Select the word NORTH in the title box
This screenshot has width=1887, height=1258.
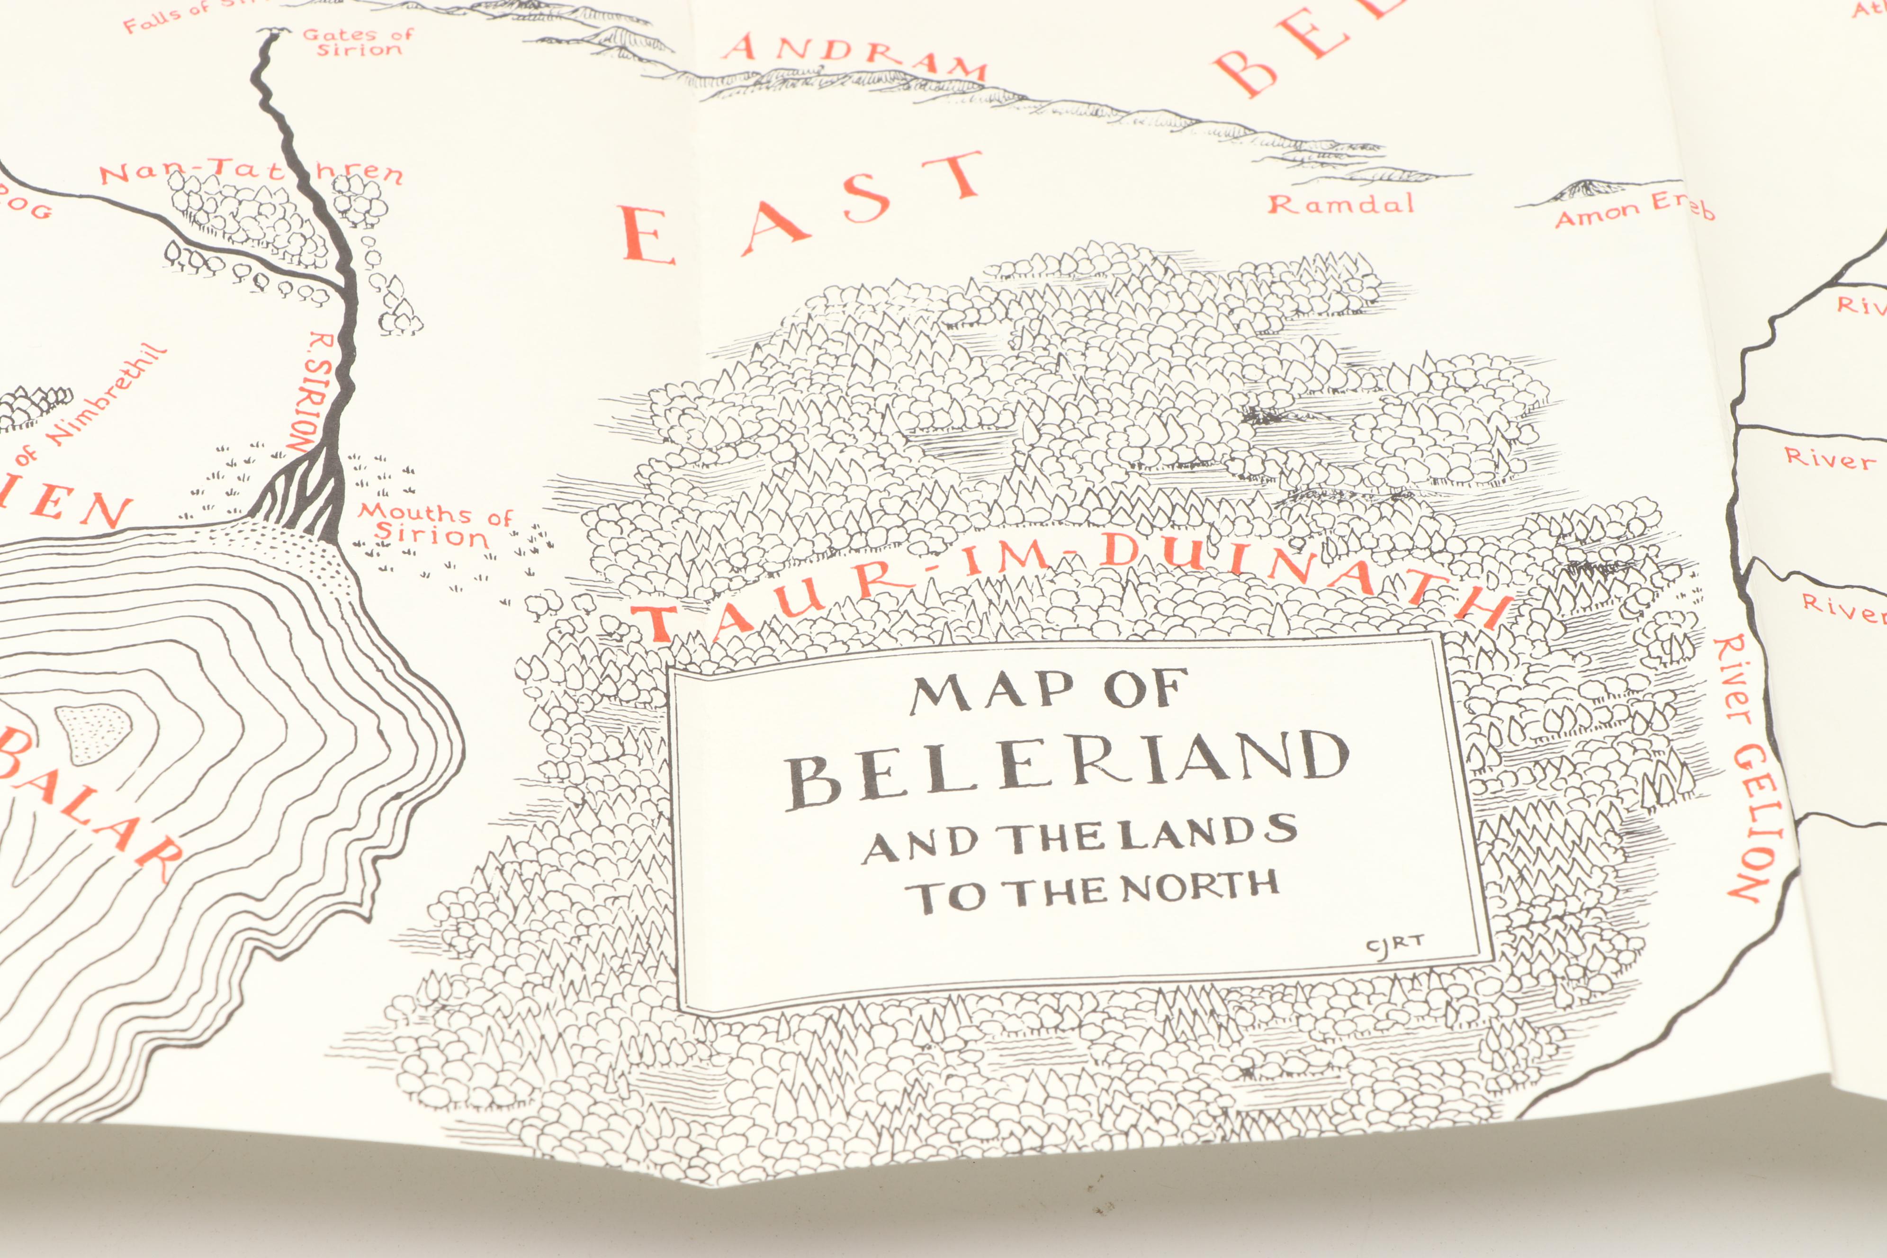point(1199,887)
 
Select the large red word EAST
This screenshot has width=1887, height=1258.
point(802,213)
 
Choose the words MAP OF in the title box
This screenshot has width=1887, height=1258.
point(1048,692)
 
